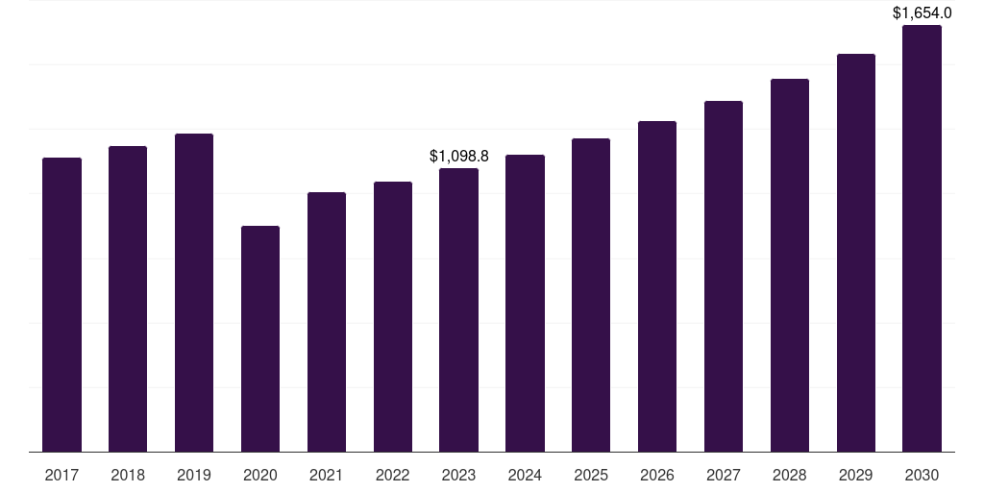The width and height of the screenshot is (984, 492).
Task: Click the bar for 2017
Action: (x=61, y=305)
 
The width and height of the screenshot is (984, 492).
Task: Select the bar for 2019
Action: (x=194, y=292)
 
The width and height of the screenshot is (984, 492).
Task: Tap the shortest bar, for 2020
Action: (x=260, y=338)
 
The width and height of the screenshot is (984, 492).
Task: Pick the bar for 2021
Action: (x=327, y=322)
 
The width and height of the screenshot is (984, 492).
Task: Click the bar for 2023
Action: (x=458, y=309)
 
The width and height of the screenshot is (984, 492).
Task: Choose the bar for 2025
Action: (x=591, y=295)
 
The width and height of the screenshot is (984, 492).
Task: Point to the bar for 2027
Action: (x=724, y=276)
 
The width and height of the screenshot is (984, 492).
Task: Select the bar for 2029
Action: (x=856, y=253)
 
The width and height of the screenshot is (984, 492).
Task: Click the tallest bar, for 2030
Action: (x=922, y=238)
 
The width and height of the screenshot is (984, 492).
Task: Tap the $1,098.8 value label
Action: (x=458, y=156)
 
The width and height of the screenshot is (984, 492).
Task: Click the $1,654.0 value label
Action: (x=922, y=12)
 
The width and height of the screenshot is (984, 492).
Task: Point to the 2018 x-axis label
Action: (x=128, y=475)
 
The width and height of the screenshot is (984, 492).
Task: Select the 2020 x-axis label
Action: (x=260, y=475)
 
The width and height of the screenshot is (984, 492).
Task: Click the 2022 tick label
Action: (x=393, y=475)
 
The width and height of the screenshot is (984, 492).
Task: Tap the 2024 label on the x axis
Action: (x=525, y=475)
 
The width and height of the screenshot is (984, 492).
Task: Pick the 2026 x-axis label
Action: (x=657, y=475)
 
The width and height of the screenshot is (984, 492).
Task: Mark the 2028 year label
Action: (x=790, y=475)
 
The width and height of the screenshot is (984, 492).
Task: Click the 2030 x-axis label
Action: (x=922, y=475)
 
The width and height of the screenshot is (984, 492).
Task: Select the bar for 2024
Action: (x=525, y=303)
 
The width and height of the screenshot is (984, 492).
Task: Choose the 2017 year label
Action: (x=61, y=475)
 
